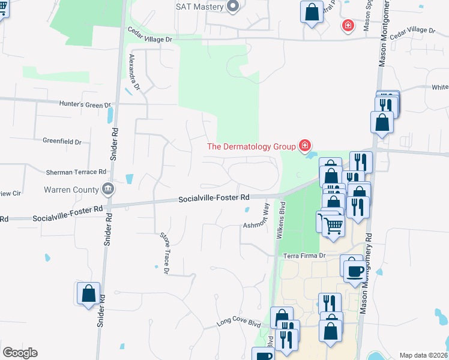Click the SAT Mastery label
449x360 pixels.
199,7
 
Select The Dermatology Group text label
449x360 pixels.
251,146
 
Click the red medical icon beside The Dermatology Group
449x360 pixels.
305,146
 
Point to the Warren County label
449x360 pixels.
71,190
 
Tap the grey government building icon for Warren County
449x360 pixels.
107,188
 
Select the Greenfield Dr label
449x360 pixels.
62,142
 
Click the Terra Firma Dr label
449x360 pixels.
304,256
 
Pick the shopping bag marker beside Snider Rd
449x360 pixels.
88,293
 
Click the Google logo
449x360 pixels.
20,353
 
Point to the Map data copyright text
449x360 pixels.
424,355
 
